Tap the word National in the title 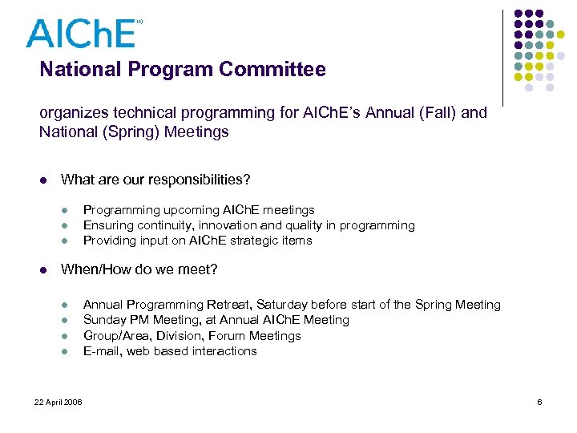click(x=75, y=70)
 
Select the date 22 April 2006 click(x=58, y=401)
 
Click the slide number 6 click(x=539, y=401)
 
